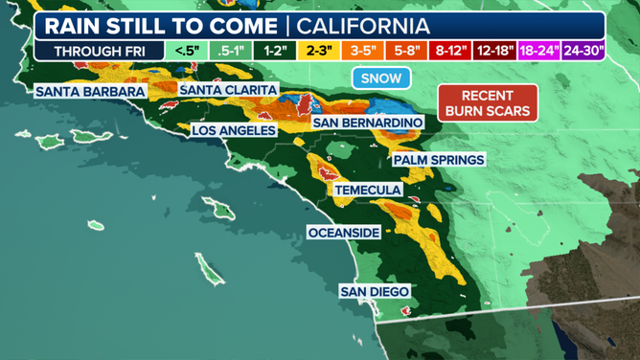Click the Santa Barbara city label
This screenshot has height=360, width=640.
(90, 92)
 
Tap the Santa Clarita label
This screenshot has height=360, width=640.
(228, 90)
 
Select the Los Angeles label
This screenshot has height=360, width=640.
(234, 130)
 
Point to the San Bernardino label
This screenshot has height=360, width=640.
(367, 124)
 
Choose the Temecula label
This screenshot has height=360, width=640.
(368, 191)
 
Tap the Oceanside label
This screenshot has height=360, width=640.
(344, 233)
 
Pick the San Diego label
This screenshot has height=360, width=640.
(375, 291)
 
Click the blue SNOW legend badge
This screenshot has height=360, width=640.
(381, 79)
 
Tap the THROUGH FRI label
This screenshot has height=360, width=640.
(93, 50)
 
